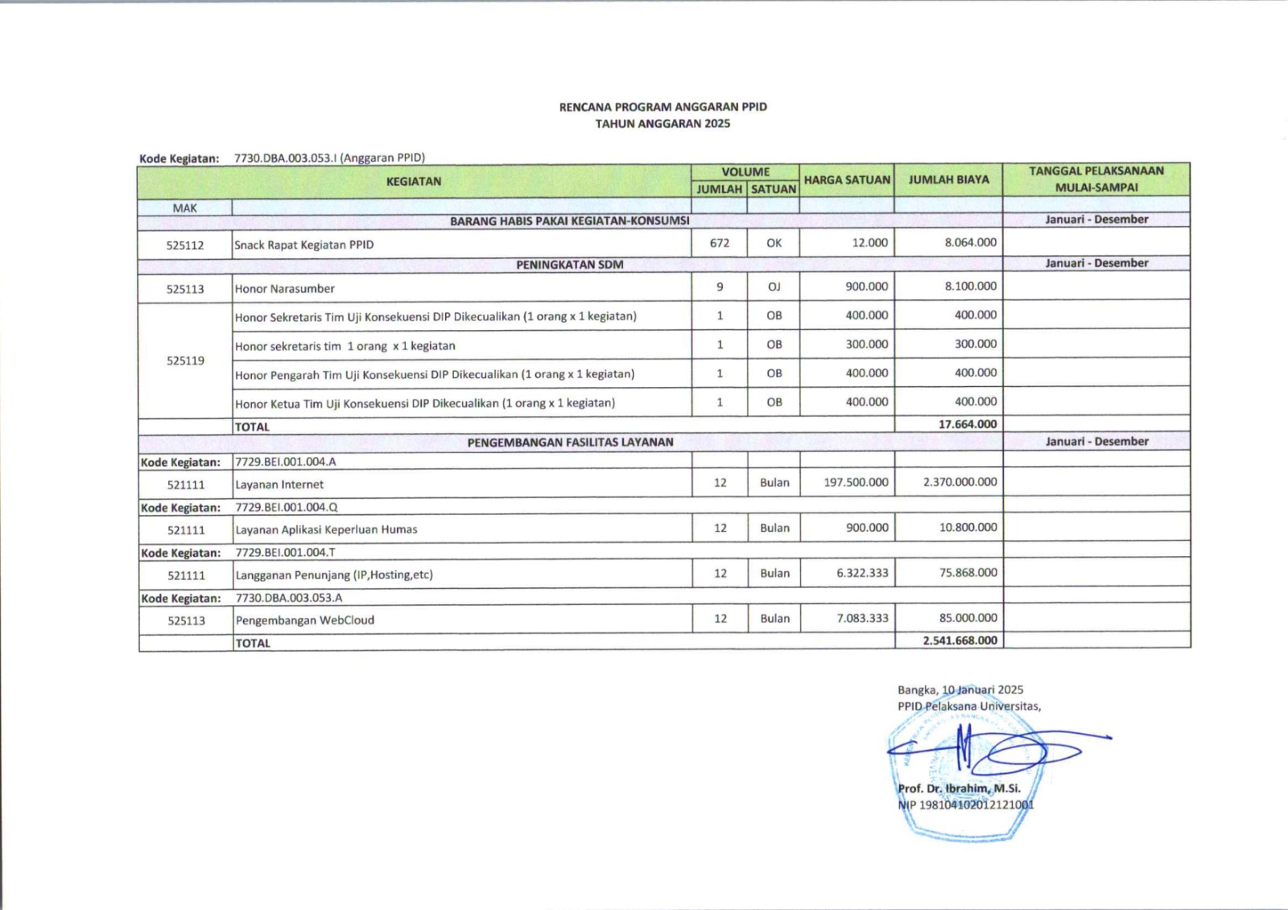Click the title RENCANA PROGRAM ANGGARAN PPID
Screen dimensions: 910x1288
pos(663,107)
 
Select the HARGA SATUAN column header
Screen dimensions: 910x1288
pos(847,180)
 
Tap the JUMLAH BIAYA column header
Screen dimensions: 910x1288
pos(948,180)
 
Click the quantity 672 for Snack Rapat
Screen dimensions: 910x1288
pos(720,243)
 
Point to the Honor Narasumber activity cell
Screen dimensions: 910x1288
pos(284,289)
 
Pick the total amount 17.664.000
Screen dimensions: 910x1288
pos(967,424)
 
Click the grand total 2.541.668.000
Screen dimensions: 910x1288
pos(960,641)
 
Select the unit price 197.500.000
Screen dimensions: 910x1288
pos(856,483)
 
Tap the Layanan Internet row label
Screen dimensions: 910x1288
pos(279,484)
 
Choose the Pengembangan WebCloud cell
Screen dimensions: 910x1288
pos(304,620)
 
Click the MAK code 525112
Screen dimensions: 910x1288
pos(185,245)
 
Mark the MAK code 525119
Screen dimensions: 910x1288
pos(185,360)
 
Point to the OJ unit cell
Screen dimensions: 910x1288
pos(774,286)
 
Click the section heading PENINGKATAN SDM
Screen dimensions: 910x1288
pos(569,265)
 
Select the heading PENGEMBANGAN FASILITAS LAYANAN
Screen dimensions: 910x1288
pos(570,442)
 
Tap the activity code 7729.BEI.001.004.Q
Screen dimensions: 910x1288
pos(287,508)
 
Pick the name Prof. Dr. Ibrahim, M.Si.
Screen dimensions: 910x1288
pos(959,789)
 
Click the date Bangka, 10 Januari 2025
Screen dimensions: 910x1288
pos(960,690)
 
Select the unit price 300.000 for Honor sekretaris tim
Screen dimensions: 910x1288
pos(866,344)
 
